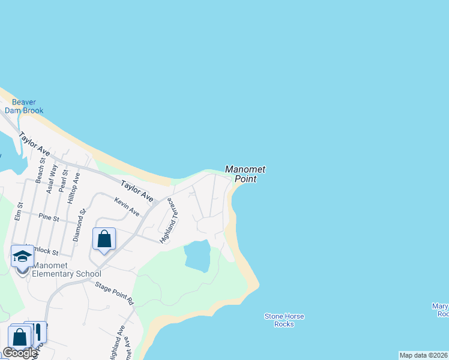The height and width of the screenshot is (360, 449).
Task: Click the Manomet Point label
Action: pyautogui.click(x=245, y=174)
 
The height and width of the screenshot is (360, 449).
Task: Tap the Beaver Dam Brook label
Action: pyautogui.click(x=25, y=106)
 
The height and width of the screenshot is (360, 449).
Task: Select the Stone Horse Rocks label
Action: pyautogui.click(x=284, y=320)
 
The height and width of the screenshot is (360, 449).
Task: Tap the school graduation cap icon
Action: pyautogui.click(x=22, y=256)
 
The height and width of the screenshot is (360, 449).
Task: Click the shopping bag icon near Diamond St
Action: pyautogui.click(x=104, y=239)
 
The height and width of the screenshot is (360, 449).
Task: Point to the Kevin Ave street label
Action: pyautogui.click(x=127, y=208)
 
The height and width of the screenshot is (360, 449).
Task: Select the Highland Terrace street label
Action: pyautogui.click(x=170, y=220)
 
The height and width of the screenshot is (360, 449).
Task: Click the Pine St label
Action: pyautogui.click(x=48, y=218)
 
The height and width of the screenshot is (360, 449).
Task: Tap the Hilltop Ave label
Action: pyautogui.click(x=74, y=188)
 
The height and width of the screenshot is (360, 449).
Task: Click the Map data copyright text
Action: pyautogui.click(x=424, y=355)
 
